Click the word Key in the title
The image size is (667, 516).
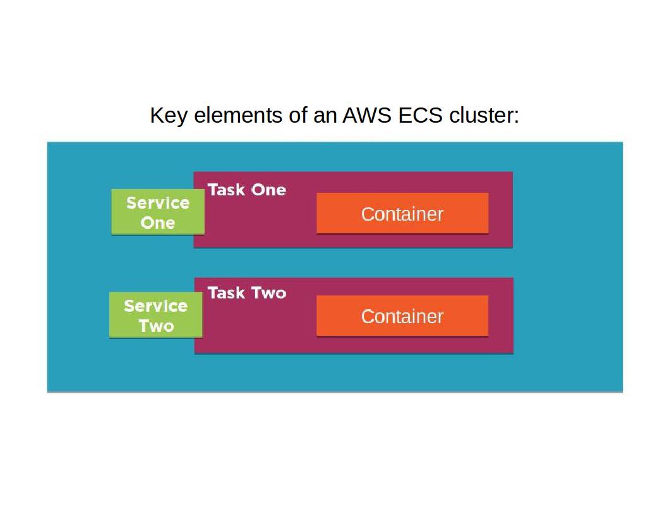click(x=169, y=116)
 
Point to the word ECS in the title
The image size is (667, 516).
click(x=420, y=116)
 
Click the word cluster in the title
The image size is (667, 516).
click(x=484, y=116)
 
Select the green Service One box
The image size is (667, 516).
click(x=158, y=212)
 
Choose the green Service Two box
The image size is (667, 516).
click(x=156, y=316)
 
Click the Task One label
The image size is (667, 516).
click(x=246, y=190)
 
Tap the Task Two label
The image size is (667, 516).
click(x=246, y=293)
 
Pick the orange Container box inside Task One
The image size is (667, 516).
click(x=402, y=214)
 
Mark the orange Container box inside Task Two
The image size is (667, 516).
click(x=402, y=316)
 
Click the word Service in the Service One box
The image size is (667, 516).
click(x=158, y=203)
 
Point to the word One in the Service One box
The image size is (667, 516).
click(x=158, y=223)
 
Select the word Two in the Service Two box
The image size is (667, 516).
click(x=156, y=326)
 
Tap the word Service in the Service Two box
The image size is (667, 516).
click(x=156, y=306)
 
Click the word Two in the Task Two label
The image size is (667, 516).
click(x=268, y=293)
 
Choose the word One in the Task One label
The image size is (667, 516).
click(x=268, y=190)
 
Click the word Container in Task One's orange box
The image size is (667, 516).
click(x=402, y=214)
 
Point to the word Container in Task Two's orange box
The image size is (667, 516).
click(x=402, y=316)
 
